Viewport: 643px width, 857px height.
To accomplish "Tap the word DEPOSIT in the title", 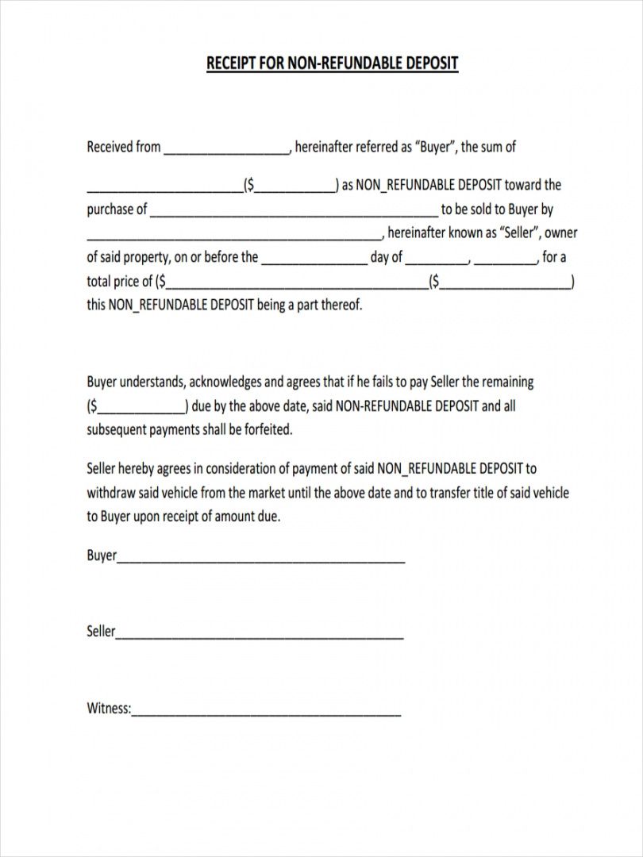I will tap(431, 63).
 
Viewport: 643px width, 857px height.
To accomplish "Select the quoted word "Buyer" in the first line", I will tap(434, 147).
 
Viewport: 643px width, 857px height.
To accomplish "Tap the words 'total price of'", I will tap(120, 281).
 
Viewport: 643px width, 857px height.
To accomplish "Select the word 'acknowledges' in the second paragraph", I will tap(225, 382).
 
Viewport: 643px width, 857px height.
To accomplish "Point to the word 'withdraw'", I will tap(110, 493).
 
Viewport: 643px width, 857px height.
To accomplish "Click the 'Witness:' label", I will tap(108, 709).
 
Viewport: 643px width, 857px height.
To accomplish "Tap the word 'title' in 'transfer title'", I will tap(483, 493).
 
